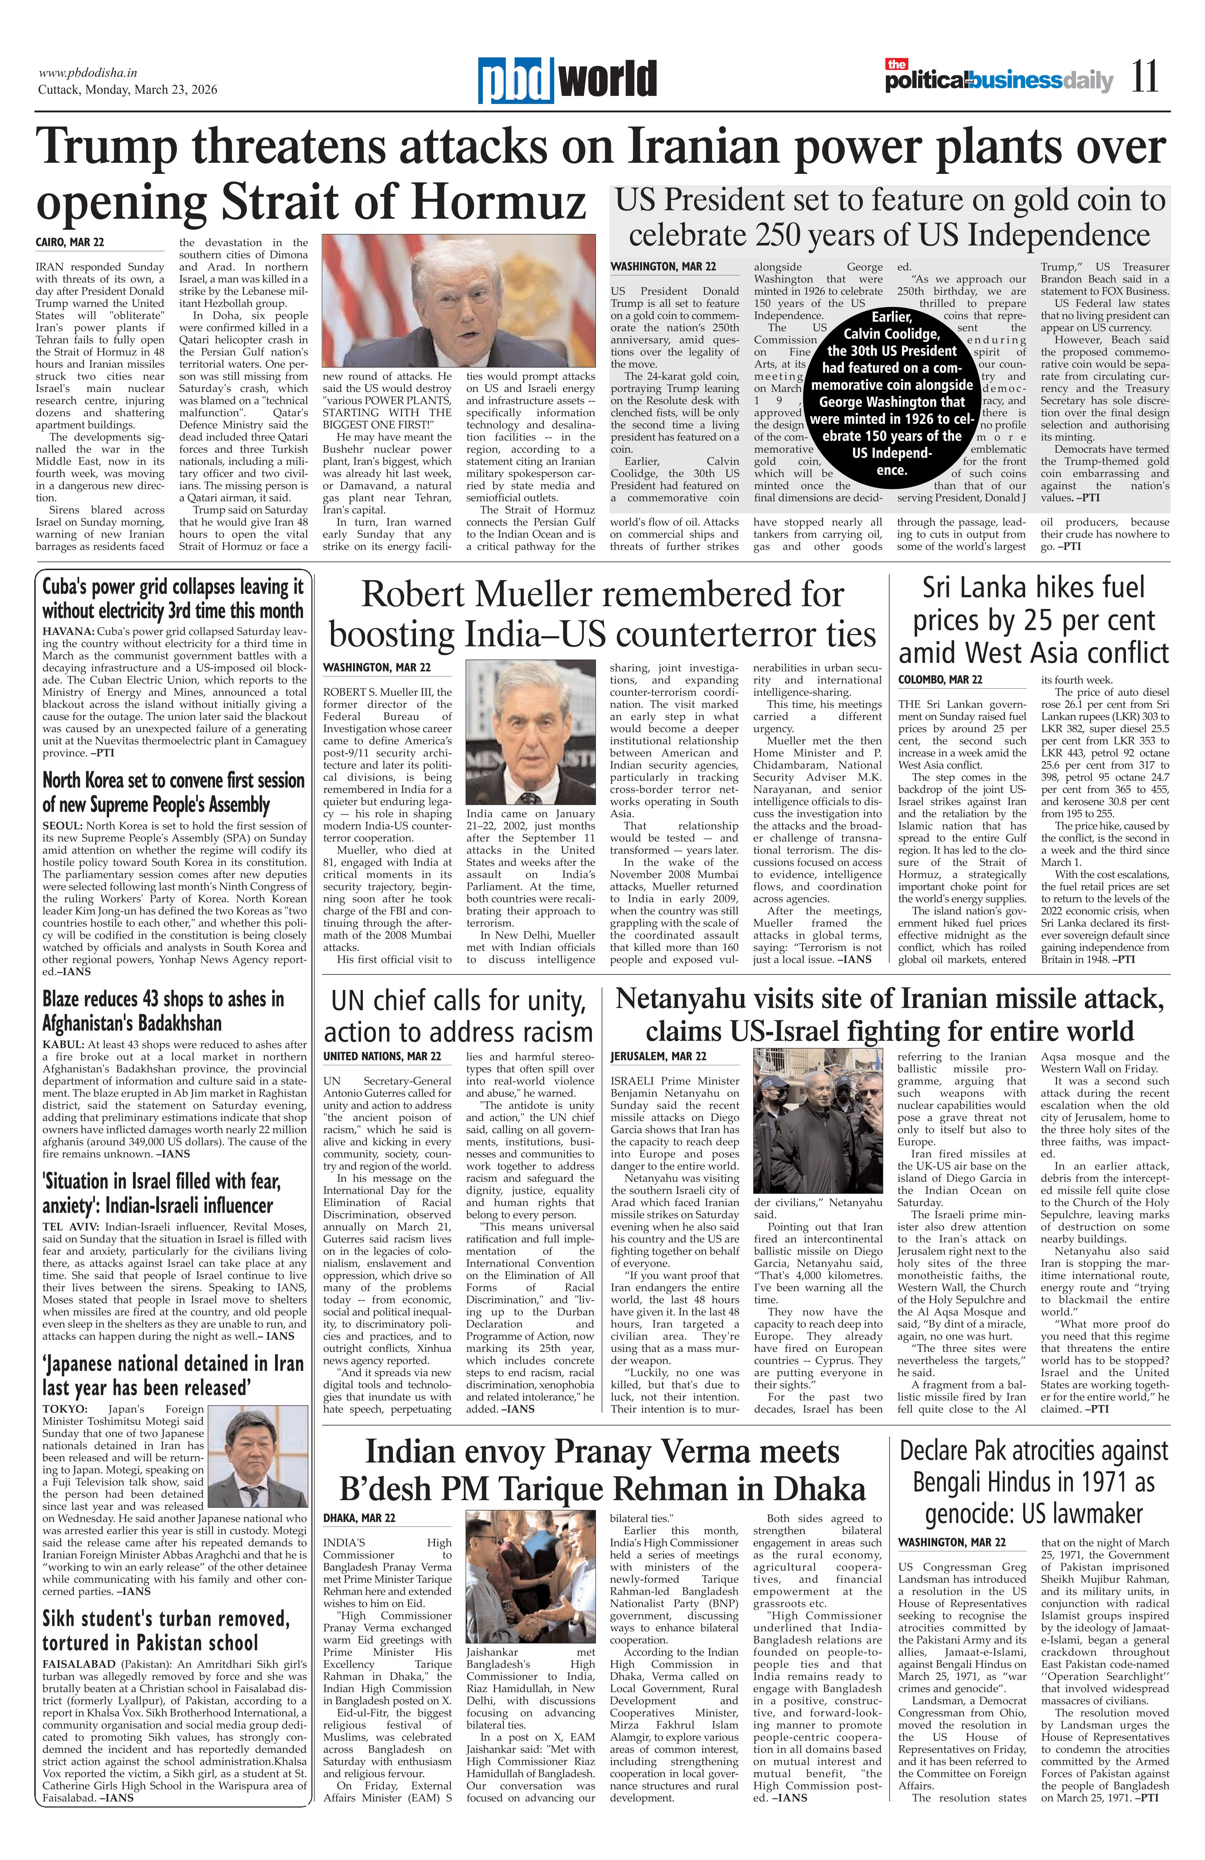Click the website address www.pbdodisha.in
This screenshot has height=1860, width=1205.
click(87, 73)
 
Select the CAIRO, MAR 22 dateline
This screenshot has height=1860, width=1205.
click(70, 242)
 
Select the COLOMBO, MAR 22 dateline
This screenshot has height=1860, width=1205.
click(940, 680)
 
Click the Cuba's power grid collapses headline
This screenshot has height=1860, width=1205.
click(173, 599)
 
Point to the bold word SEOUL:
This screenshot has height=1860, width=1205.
click(63, 826)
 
